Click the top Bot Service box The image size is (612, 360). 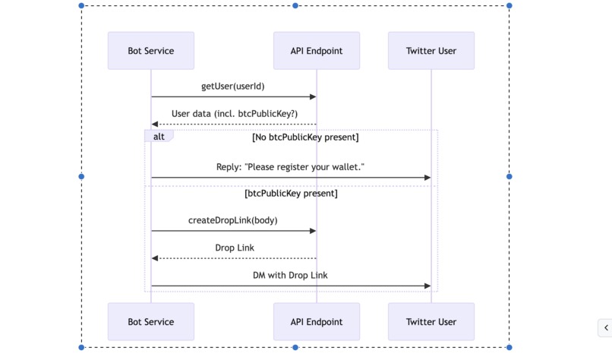pyautogui.click(x=150, y=51)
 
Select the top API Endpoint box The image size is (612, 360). pyautogui.click(x=317, y=51)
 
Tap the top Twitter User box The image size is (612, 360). pyautogui.click(x=431, y=51)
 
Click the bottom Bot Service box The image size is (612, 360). pyautogui.click(x=150, y=322)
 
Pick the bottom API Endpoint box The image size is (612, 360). pyautogui.click(x=317, y=322)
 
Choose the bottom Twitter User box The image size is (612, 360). pyautogui.click(x=431, y=322)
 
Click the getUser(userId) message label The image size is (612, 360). pyautogui.click(x=233, y=87)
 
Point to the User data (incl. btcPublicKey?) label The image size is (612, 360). pyautogui.click(x=234, y=114)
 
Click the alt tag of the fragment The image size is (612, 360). pyautogui.click(x=159, y=137)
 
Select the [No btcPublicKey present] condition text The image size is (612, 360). pyautogui.click(x=305, y=137)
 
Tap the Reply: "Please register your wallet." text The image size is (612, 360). pyautogui.click(x=291, y=166)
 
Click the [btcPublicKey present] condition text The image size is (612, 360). pyautogui.click(x=291, y=194)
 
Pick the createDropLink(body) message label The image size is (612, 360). pyautogui.click(x=233, y=220)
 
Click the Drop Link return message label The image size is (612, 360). pyautogui.click(x=235, y=248)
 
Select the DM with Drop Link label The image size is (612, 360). pyautogui.click(x=291, y=275)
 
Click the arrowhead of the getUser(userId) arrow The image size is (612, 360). pyautogui.click(x=312, y=96)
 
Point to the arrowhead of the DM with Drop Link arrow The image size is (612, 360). pyautogui.click(x=427, y=286)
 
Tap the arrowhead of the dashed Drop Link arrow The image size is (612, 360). pyautogui.click(x=155, y=258)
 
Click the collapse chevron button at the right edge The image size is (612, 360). pyautogui.click(x=605, y=327)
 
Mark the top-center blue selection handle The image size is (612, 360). pyautogui.click(x=295, y=5)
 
